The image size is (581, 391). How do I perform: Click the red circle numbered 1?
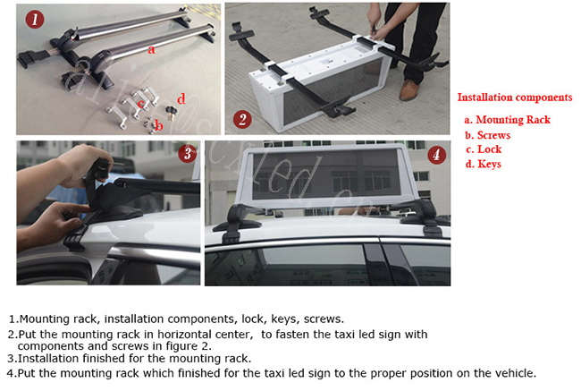(x=35, y=19)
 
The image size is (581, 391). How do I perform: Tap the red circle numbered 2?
(x=242, y=120)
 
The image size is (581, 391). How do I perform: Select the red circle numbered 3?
(x=188, y=153)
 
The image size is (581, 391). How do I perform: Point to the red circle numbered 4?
(x=437, y=154)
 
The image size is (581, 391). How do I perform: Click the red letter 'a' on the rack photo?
(x=151, y=49)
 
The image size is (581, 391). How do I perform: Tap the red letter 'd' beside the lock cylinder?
(x=181, y=98)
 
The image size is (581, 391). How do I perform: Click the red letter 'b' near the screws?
(x=159, y=126)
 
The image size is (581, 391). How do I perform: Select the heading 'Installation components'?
(x=515, y=98)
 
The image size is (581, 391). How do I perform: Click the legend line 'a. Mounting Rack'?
(x=508, y=120)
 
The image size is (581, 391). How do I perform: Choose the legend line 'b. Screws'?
(x=488, y=135)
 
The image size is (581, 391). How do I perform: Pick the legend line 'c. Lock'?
(x=484, y=149)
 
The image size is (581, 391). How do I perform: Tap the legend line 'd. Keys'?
(x=484, y=164)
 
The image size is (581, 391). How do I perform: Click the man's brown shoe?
(x=409, y=90)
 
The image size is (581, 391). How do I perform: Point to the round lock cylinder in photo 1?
(x=172, y=111)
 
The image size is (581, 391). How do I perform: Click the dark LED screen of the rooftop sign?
(x=326, y=174)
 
